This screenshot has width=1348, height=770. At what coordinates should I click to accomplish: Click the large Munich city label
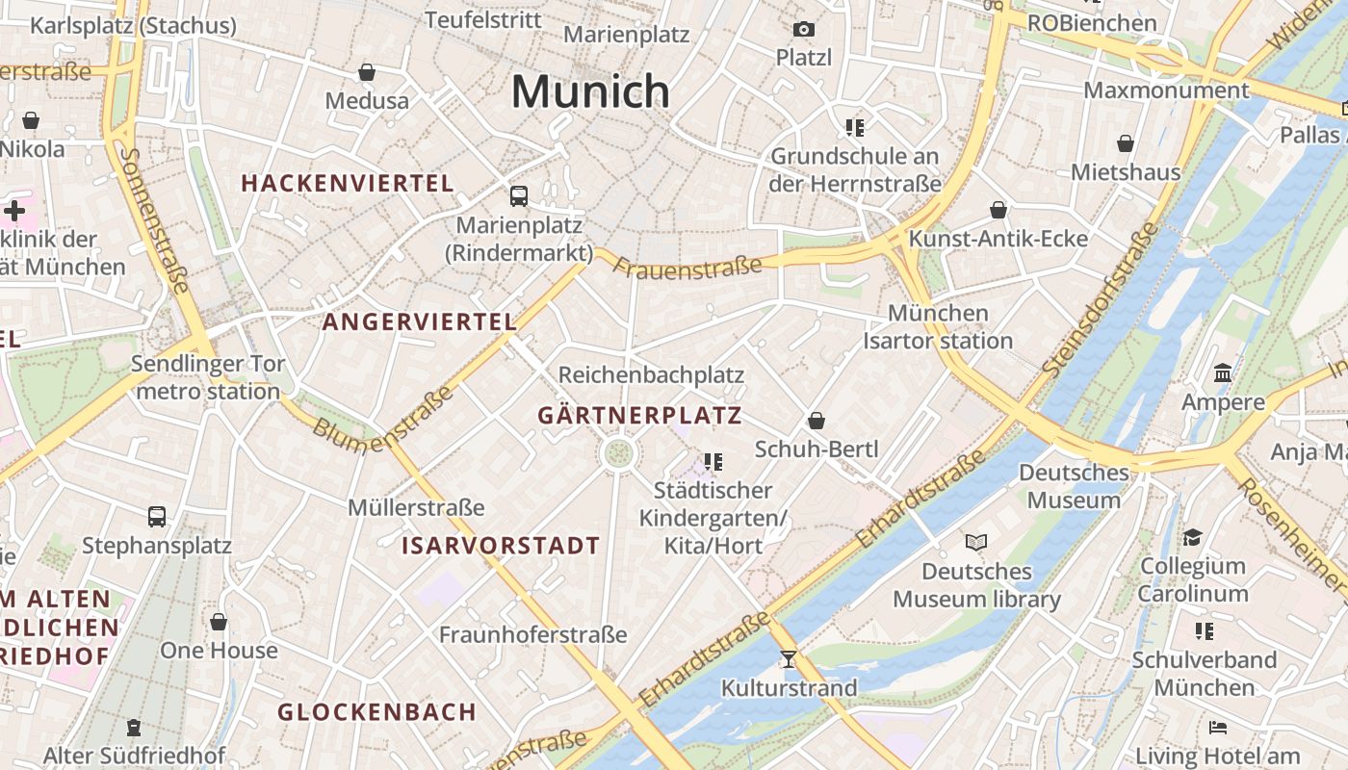click(590, 91)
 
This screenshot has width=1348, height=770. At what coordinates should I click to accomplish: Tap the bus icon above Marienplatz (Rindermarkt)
click(519, 196)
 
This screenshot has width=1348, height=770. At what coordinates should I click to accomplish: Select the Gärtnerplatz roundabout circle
click(618, 452)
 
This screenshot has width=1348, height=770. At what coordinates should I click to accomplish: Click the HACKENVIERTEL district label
click(347, 183)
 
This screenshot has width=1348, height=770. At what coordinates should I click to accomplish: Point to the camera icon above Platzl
click(803, 30)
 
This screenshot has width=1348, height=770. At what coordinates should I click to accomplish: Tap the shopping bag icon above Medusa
click(367, 72)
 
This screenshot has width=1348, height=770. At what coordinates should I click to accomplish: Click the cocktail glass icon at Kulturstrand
click(789, 659)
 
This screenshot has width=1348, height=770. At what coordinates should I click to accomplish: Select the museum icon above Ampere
click(1223, 372)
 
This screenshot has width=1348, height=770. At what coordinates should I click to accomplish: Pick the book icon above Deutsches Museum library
click(976, 543)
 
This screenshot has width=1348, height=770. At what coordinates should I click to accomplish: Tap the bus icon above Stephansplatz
click(157, 517)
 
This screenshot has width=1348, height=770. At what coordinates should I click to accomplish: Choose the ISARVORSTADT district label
click(501, 546)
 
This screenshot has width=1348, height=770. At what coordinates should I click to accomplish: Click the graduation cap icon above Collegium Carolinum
click(1192, 537)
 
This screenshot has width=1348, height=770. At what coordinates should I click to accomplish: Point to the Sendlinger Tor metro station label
click(208, 377)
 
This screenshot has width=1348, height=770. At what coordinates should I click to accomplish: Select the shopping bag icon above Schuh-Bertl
click(816, 421)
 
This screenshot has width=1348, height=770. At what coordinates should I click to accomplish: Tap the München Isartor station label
click(938, 327)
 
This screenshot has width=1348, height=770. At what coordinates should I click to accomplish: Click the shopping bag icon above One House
click(219, 622)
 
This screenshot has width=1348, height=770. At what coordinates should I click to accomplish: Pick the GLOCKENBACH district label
click(377, 712)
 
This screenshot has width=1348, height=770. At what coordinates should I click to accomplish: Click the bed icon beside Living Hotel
click(1218, 727)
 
